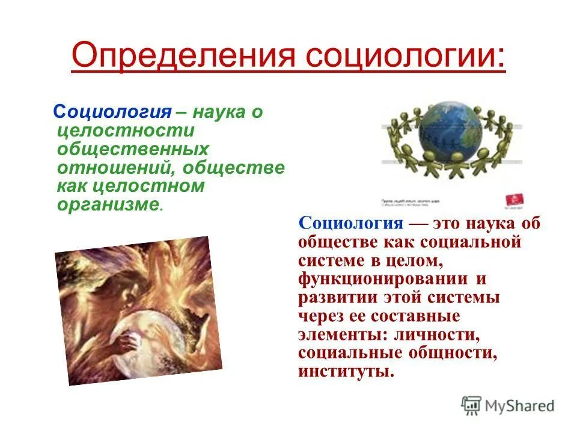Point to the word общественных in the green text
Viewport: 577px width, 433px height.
133,149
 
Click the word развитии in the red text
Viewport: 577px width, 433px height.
334,298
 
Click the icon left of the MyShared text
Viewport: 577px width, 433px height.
472,406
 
